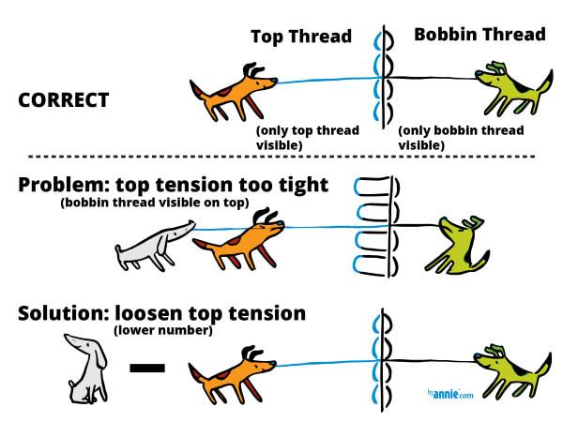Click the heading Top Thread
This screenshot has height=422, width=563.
[x=300, y=37]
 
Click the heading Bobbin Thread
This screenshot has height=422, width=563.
[x=479, y=35]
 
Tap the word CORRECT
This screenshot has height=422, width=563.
[x=64, y=99]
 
